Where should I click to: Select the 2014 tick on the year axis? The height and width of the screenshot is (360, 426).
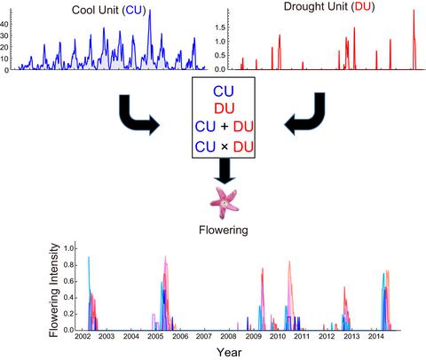(376, 337)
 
